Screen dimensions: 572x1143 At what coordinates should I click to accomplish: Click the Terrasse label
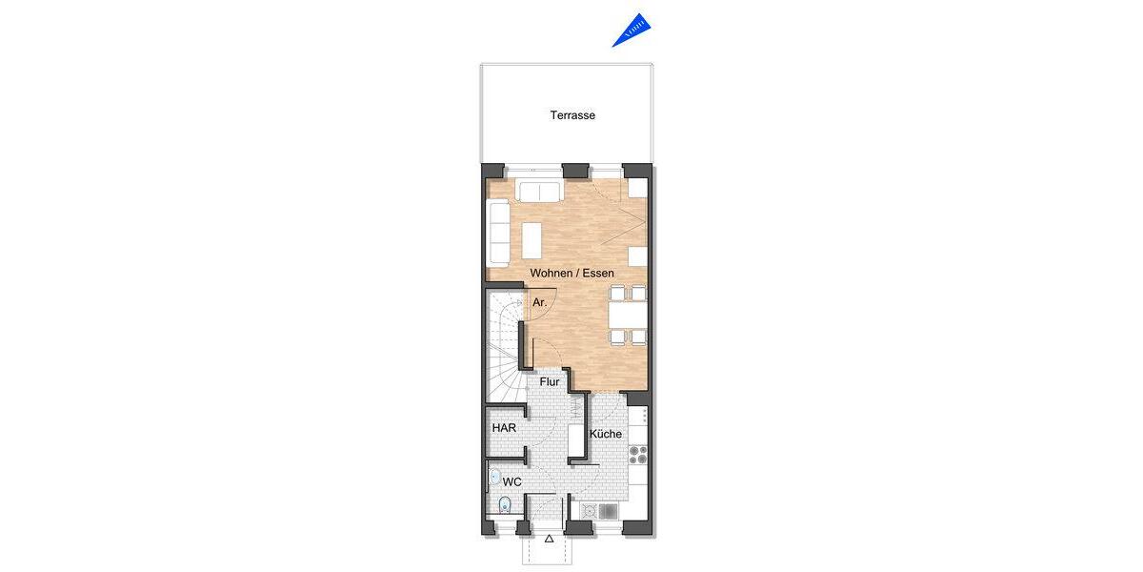point(572,115)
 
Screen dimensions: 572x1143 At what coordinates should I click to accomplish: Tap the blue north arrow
point(632,30)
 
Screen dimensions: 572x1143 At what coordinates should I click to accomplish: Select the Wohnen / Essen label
point(572,273)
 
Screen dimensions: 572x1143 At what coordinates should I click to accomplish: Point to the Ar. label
point(539,302)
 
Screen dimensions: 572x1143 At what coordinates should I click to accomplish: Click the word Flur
point(550,382)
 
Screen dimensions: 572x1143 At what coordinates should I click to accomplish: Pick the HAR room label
point(504,428)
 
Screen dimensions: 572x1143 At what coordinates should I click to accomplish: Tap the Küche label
point(606,434)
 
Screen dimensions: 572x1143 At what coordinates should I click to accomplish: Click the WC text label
point(511,482)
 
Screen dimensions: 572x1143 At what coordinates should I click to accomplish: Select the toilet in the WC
point(506,504)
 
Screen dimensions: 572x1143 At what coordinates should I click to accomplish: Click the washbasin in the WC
point(494,476)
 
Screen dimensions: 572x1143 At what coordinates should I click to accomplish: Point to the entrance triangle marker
point(550,539)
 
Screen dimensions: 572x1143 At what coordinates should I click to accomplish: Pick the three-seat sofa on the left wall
point(499,233)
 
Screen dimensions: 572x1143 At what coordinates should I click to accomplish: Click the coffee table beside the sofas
point(531,240)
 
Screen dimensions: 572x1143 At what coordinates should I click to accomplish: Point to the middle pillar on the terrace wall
point(574,171)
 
